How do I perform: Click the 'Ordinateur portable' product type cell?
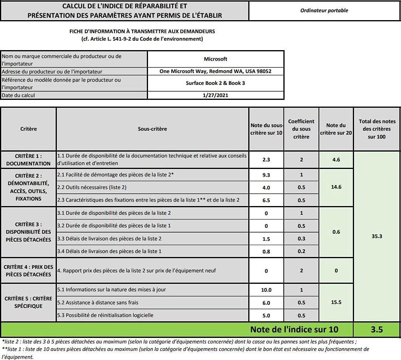pos(324,11)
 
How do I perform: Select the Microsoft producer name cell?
pos(215,59)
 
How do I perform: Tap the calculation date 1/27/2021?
pos(215,95)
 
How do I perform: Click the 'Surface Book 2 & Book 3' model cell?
pos(215,83)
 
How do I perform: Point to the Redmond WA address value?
pos(215,71)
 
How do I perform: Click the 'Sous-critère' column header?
pos(152,129)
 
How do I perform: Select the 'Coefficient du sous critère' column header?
pos(301,129)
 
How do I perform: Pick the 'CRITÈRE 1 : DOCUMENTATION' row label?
pos(28,160)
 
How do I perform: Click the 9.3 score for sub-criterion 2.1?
pos(266,175)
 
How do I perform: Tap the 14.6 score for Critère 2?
pos(336,187)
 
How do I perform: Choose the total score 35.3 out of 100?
pos(377,236)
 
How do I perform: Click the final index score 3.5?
pos(377,330)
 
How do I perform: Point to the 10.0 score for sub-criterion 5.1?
pos(266,290)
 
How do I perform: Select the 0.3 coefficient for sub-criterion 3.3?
pos(301,239)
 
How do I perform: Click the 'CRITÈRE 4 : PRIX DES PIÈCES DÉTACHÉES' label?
pos(28,271)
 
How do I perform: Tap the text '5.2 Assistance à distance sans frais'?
pos(98,303)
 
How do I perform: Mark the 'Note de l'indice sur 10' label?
pos(294,330)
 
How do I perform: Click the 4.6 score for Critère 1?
pos(336,160)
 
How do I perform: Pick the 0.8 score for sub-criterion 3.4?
pos(266,251)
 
